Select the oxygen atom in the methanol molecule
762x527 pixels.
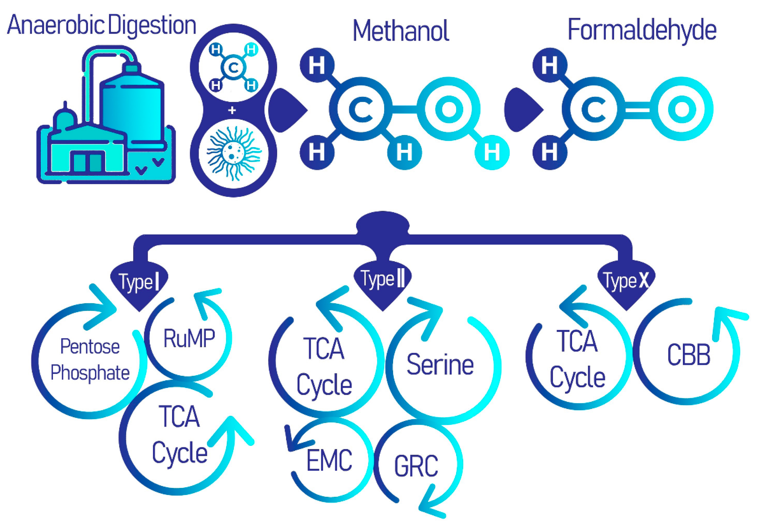point(448,109)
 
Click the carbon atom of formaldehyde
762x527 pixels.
point(593,109)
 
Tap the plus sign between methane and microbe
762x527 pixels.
point(232,110)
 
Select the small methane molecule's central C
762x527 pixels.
point(233,68)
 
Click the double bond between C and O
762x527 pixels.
point(637,109)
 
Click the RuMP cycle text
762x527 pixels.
point(189,338)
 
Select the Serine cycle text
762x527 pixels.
point(440,365)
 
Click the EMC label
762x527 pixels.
point(329,460)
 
